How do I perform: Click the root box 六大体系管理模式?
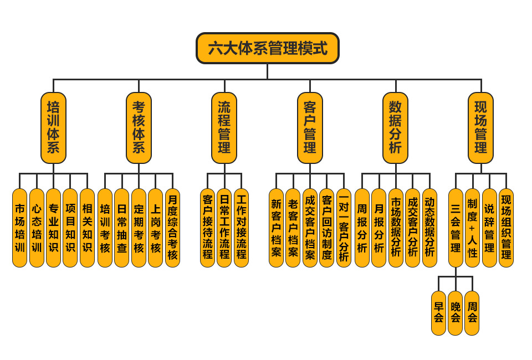tap(267, 48)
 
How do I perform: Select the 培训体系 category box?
tap(53, 128)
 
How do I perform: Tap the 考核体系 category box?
tap(139, 128)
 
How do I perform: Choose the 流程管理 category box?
tap(224, 128)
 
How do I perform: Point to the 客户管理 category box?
tap(310, 128)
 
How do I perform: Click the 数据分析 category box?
tap(395, 128)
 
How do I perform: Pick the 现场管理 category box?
tap(480, 128)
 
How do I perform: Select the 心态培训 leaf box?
tap(37, 228)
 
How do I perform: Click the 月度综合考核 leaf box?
tap(172, 228)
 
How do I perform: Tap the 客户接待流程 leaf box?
tap(207, 228)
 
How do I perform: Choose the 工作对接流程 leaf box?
tap(241, 228)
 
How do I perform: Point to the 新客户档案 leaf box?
tap(276, 228)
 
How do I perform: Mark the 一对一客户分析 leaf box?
tap(344, 228)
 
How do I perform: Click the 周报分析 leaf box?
tap(362, 228)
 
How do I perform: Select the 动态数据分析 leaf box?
tap(429, 228)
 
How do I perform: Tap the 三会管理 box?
tap(456, 228)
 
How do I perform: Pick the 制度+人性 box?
tap(472, 228)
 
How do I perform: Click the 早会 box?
tap(438, 313)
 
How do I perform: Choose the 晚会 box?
tap(455, 313)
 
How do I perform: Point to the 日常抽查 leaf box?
tap(121, 228)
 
